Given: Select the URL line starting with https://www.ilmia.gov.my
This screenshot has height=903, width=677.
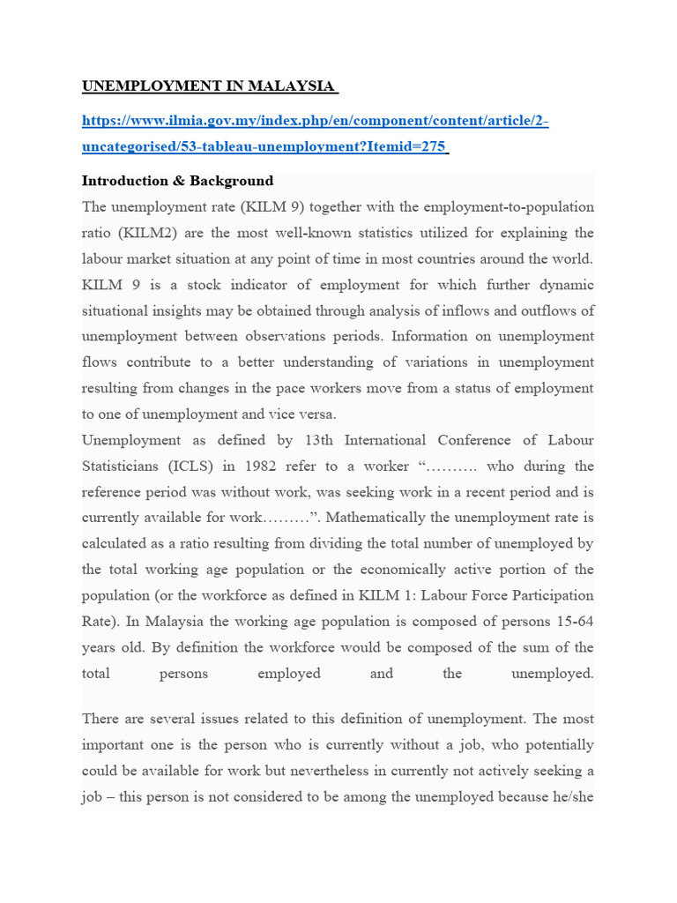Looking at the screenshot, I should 315,121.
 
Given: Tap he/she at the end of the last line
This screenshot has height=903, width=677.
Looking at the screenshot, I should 571,796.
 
